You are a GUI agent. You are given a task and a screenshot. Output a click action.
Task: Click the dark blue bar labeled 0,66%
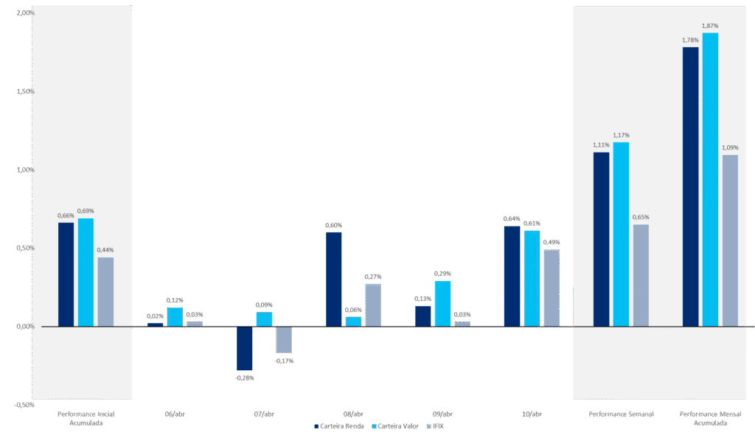pos(66,274)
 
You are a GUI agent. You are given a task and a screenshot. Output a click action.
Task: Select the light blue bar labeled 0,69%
pos(86,272)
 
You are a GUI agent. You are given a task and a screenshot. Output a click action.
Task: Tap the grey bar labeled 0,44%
pos(105,291)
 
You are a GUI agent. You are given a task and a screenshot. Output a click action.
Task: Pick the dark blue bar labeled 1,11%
pos(601,239)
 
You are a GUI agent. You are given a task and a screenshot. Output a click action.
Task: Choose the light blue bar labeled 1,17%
pos(621,234)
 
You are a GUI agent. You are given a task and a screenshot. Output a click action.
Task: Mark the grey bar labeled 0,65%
pos(641,275)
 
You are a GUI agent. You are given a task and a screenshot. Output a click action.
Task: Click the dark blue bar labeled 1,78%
pos(690,187)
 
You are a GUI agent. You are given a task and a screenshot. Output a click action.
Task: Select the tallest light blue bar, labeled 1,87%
pos(710,179)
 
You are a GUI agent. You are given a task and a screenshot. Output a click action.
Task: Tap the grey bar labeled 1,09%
pos(730,240)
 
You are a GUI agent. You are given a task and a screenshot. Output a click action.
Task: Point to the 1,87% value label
pos(710,26)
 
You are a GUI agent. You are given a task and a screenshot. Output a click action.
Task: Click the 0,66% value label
pos(66,215)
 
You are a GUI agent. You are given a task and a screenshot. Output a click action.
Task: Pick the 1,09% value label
pos(730,147)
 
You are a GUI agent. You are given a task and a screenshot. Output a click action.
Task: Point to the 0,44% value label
pos(105,250)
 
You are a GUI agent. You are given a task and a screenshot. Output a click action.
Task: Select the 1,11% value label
pos(601,145)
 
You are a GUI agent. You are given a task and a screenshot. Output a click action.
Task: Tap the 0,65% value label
pos(641,218)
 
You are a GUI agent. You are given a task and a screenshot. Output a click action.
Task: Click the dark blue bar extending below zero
pos(245,348)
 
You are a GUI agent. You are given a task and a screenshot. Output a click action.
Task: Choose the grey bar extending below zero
pos(284,339)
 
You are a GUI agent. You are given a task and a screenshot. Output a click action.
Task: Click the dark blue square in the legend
pos(316,426)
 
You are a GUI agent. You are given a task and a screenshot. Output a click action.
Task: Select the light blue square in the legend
pos(375,426)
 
